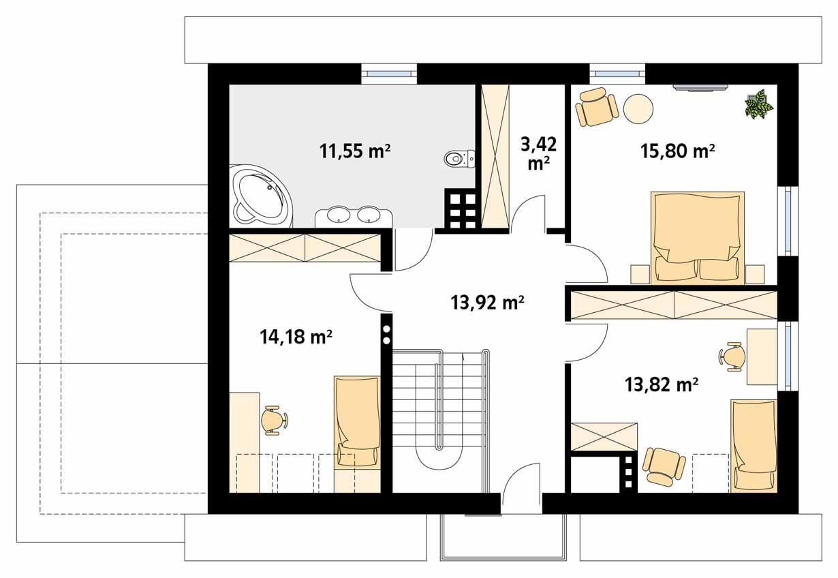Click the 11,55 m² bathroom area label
[355, 151]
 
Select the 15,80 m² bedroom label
[677, 151]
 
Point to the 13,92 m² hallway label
[487, 302]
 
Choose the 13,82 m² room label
[661, 386]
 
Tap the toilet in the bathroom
[457, 159]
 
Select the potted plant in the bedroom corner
[758, 104]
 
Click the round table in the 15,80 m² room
[639, 108]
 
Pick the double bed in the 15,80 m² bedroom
[697, 237]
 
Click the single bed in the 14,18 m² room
[356, 423]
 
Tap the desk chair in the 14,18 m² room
[275, 420]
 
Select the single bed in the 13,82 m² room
[753, 445]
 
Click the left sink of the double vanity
[339, 215]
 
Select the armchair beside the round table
[596, 107]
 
